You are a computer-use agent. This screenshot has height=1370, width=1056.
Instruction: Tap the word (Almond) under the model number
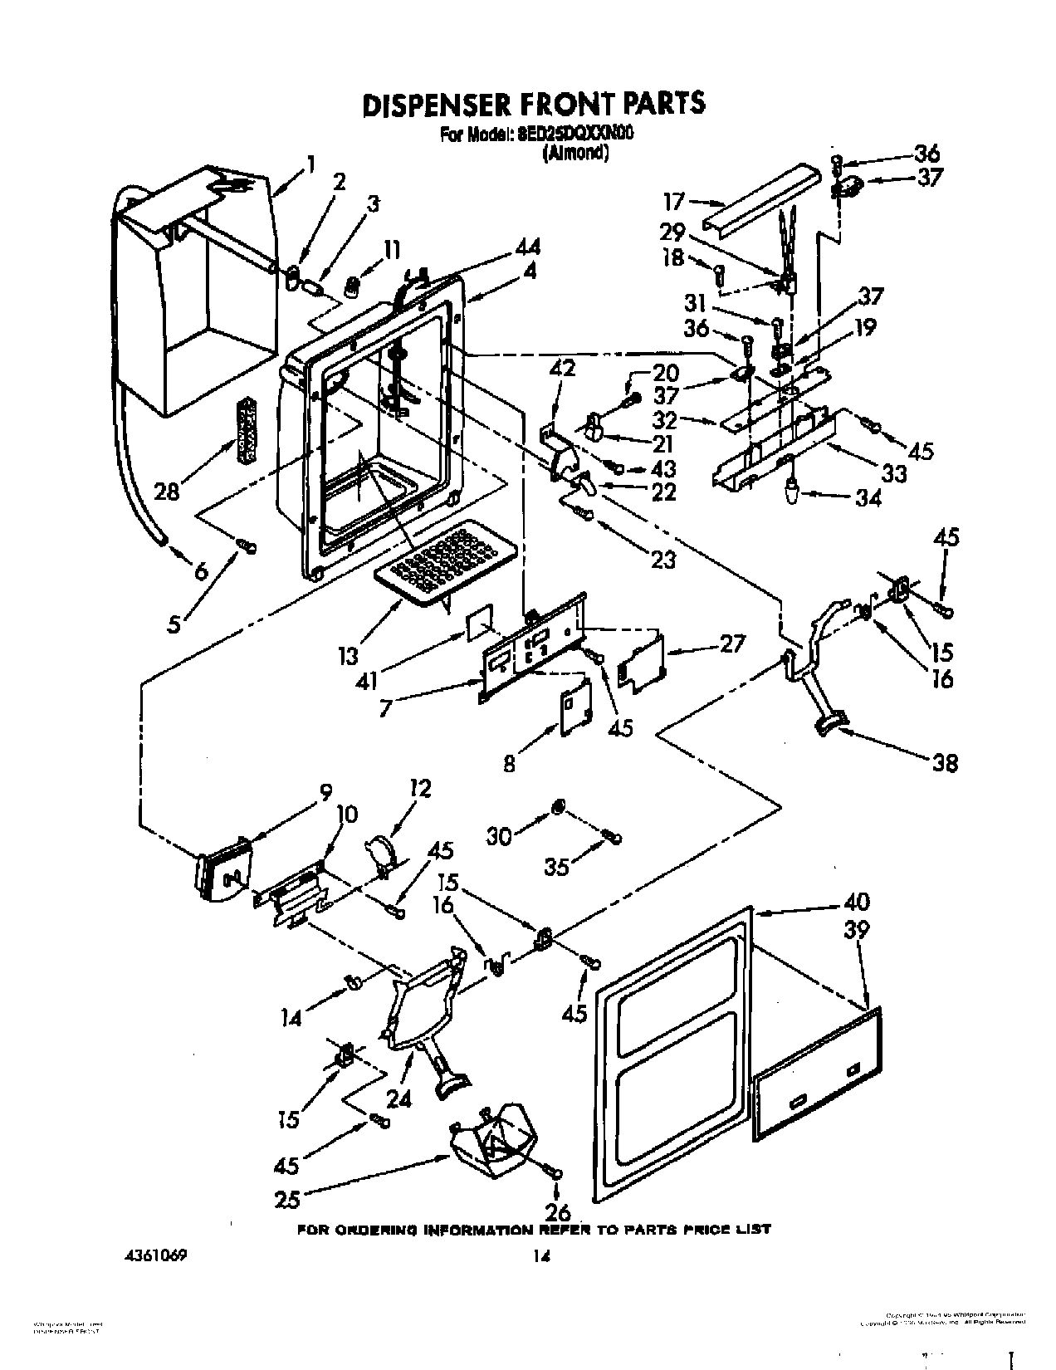(x=574, y=153)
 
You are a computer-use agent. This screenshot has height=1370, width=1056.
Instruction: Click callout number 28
(x=168, y=492)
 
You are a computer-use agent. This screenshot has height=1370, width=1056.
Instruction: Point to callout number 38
(x=945, y=762)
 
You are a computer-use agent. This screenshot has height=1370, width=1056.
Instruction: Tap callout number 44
(x=527, y=247)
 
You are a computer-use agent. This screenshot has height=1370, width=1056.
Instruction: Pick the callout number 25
(x=288, y=1198)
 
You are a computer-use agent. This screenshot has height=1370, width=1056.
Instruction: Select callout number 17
(x=673, y=201)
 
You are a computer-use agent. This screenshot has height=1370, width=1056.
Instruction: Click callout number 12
(x=420, y=788)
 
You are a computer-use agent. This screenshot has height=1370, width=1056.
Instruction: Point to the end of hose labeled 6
(x=164, y=541)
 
